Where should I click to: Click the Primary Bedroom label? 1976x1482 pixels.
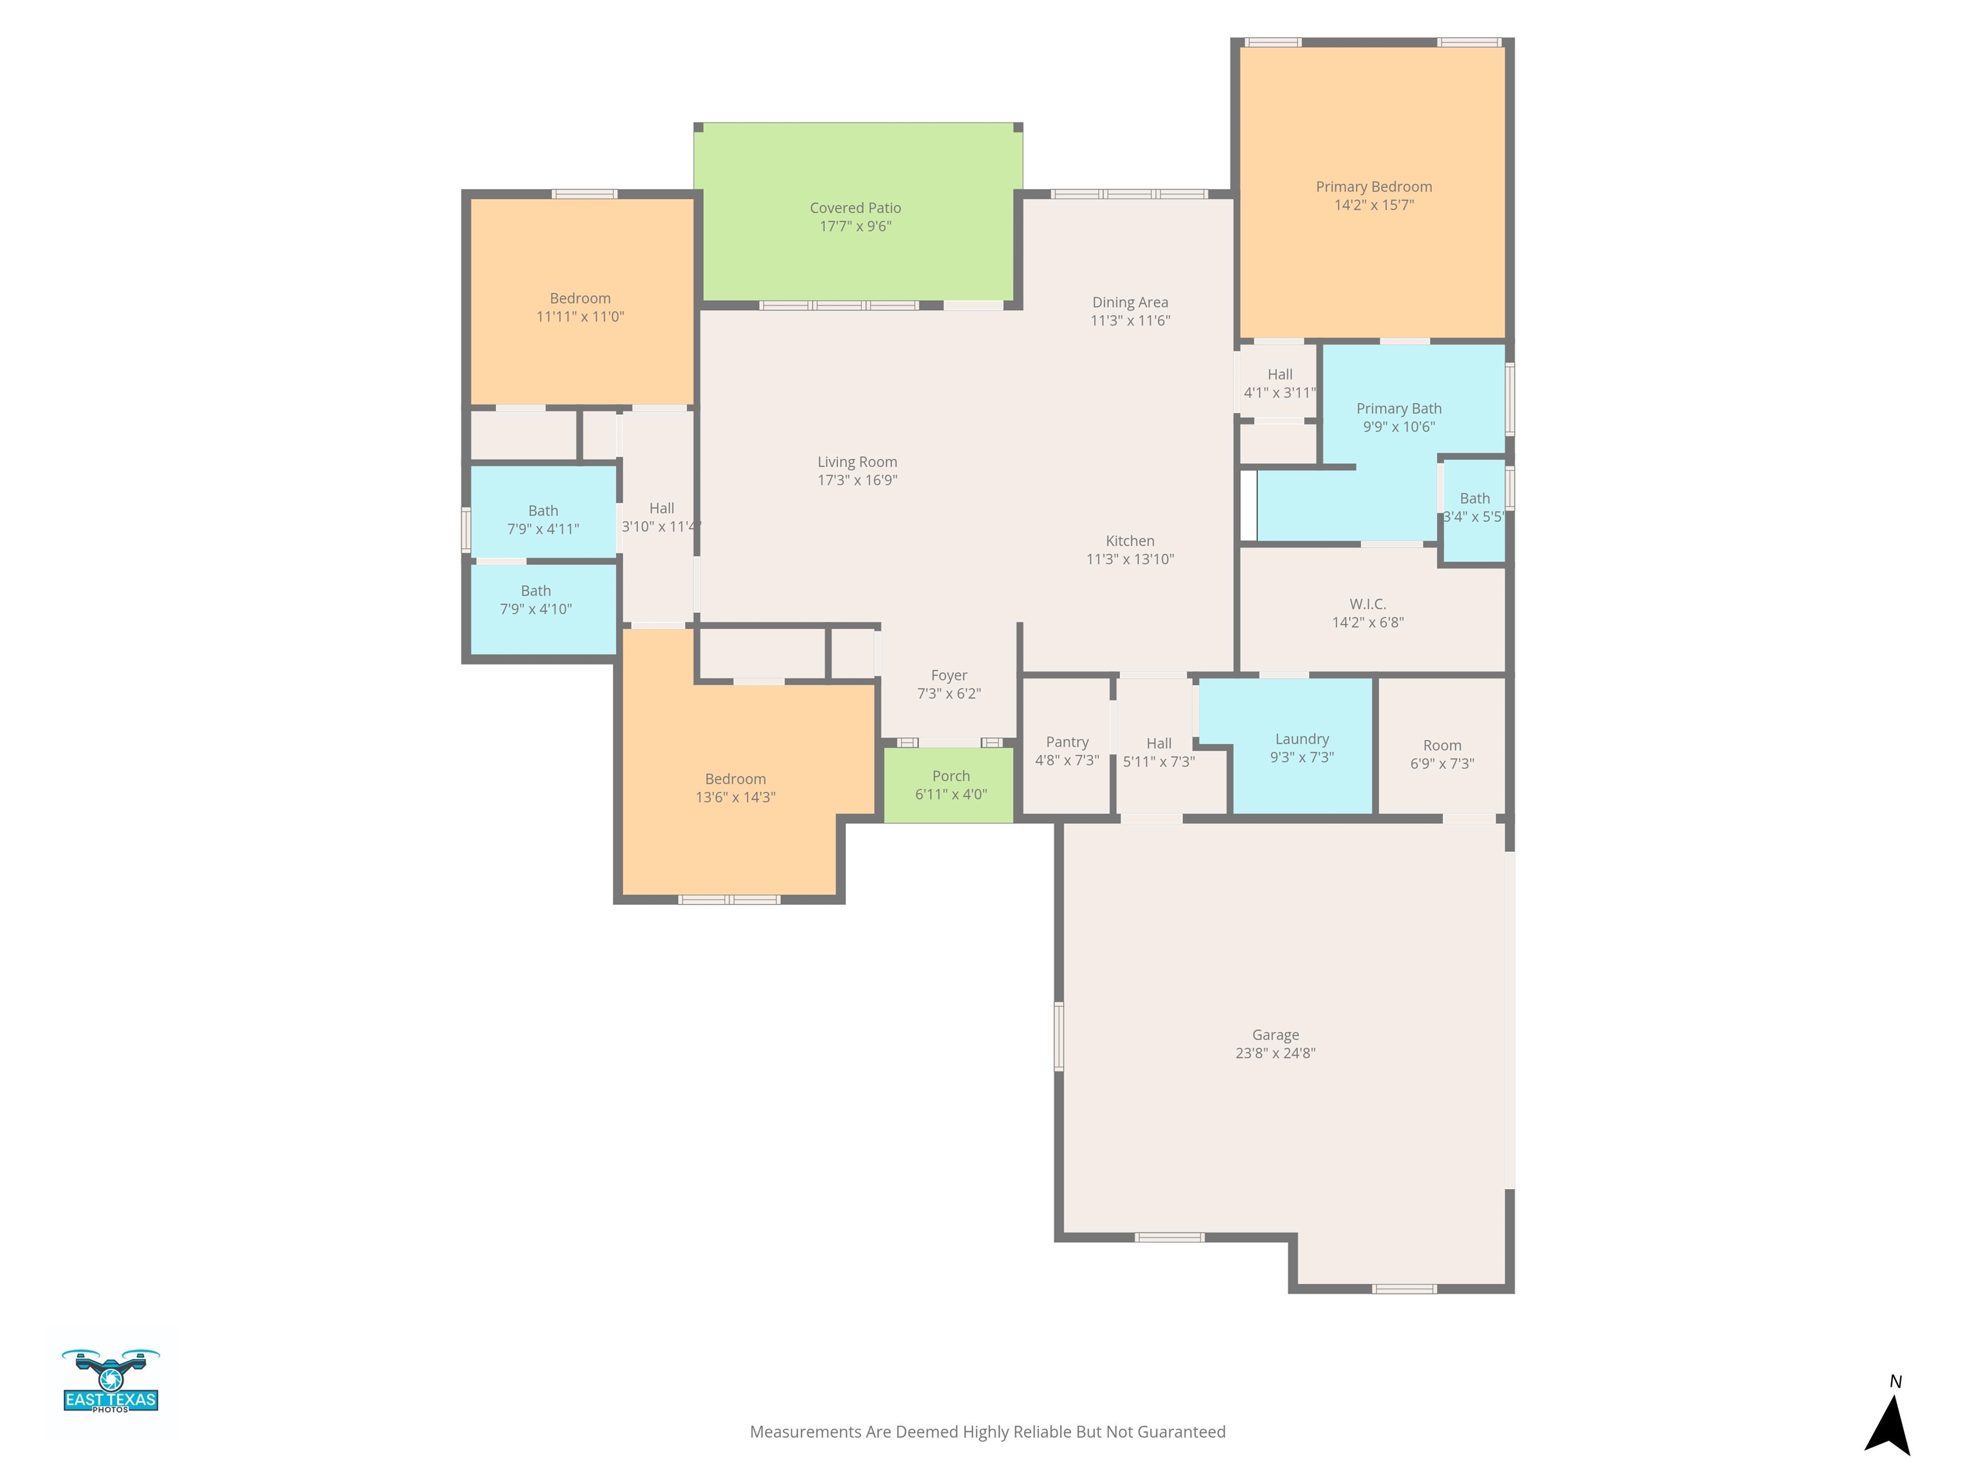point(1373,187)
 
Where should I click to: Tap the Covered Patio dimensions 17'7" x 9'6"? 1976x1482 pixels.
point(855,226)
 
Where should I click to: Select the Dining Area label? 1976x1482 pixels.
point(1130,302)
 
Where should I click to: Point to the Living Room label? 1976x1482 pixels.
point(857,462)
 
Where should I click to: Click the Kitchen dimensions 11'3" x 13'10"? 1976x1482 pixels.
point(1130,559)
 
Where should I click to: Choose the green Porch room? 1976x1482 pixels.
point(949,784)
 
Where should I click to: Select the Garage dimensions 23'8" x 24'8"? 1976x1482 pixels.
point(1275,1053)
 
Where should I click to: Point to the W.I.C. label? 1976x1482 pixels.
point(1368,604)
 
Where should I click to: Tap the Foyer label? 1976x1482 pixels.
point(949,675)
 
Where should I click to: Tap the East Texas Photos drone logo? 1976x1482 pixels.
point(111,1380)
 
